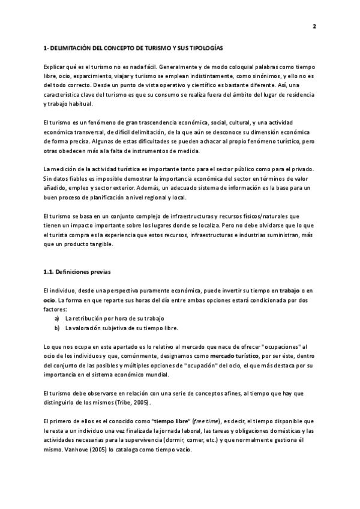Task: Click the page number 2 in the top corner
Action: (x=314, y=26)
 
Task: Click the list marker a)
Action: (x=57, y=319)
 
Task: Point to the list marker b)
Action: (x=57, y=328)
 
